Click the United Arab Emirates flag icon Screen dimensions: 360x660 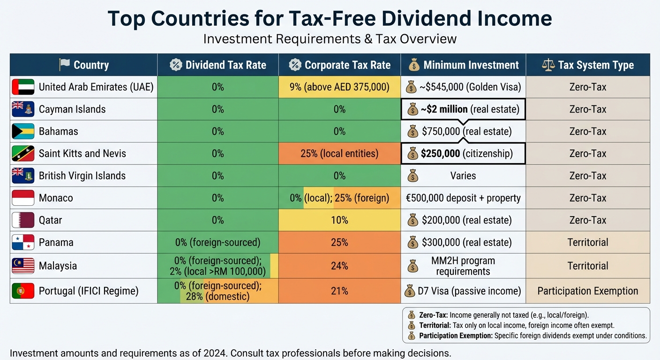[23, 87]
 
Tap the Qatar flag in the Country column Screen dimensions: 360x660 [23, 220]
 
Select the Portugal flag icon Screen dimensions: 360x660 [23, 291]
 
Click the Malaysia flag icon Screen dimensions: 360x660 [23, 266]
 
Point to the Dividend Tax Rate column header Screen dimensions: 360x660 [218, 65]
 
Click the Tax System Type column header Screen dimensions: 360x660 [588, 65]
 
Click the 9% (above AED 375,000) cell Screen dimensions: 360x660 [339, 87]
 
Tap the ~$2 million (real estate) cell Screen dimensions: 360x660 [463, 109]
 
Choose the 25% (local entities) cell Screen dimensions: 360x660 [339, 154]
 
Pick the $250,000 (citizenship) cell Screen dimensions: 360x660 [463, 154]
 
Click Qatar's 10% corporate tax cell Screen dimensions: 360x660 [339, 220]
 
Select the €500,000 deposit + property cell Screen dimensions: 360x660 [463, 198]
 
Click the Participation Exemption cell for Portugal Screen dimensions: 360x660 [588, 291]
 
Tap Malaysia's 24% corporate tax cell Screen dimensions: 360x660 [339, 266]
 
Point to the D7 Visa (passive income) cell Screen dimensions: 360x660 [463, 291]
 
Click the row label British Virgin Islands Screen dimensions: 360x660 [82, 176]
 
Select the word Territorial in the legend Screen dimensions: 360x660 [434, 325]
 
